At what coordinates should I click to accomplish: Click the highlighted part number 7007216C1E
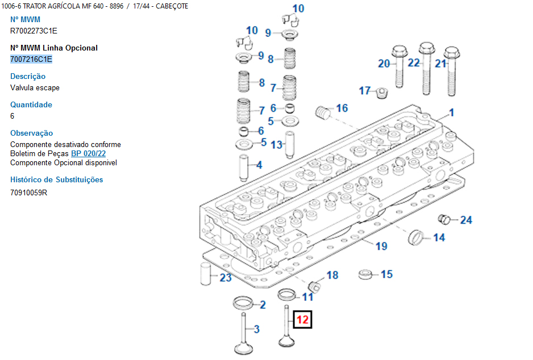[x=31, y=59]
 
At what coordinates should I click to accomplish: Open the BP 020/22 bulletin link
[x=89, y=153]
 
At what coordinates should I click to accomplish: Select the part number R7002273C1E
[x=34, y=31]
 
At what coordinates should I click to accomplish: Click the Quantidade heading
[x=31, y=104]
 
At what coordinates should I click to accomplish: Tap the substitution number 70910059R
[x=28, y=192]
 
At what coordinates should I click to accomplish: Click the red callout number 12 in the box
[x=302, y=320]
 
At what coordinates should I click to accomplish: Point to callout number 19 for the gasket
[x=381, y=246]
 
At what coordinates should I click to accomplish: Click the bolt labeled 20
[x=399, y=66]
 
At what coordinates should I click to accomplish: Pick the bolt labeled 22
[x=426, y=68]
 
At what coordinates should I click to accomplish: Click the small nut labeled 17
[x=382, y=93]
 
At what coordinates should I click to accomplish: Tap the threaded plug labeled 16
[x=323, y=112]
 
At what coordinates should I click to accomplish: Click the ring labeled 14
[x=416, y=237]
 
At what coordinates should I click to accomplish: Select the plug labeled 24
[x=444, y=219]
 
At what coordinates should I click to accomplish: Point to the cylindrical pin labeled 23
[x=206, y=274]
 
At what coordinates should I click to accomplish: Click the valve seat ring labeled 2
[x=243, y=303]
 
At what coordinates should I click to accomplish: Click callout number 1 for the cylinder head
[x=451, y=112]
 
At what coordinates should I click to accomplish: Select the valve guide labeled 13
[x=290, y=145]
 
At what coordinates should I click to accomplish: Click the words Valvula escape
[x=35, y=87]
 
